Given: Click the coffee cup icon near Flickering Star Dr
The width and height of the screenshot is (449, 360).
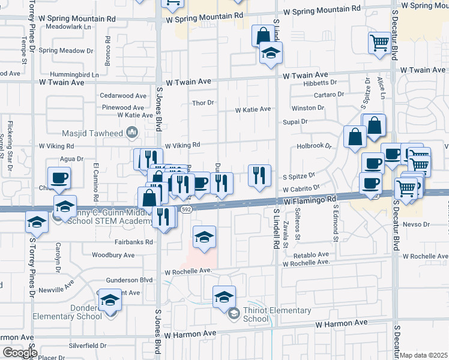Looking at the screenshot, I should (x=59, y=178).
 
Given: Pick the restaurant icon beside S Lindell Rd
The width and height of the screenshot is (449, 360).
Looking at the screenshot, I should (x=259, y=175).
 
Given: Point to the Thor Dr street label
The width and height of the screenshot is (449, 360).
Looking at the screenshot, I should (x=203, y=103).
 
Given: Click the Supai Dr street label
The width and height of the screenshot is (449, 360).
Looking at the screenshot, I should (x=295, y=121).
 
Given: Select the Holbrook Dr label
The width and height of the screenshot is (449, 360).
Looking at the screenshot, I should (x=314, y=146).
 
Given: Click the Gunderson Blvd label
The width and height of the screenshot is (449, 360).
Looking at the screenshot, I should (x=129, y=280).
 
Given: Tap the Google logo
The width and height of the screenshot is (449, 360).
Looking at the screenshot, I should (x=20, y=353).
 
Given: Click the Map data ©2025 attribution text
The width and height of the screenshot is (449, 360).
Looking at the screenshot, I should (x=424, y=355).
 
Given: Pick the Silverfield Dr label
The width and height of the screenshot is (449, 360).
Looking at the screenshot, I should (x=88, y=346).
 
